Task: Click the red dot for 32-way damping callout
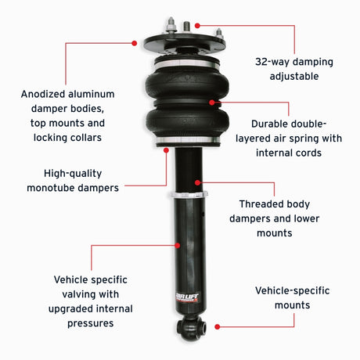pyautogui.click(x=196, y=25)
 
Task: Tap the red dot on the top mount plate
pyautogui.click(x=135, y=42)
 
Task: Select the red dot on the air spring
pyautogui.click(x=222, y=103)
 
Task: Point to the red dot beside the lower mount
pyautogui.click(x=217, y=326)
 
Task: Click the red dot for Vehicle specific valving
pyautogui.click(x=179, y=244)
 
